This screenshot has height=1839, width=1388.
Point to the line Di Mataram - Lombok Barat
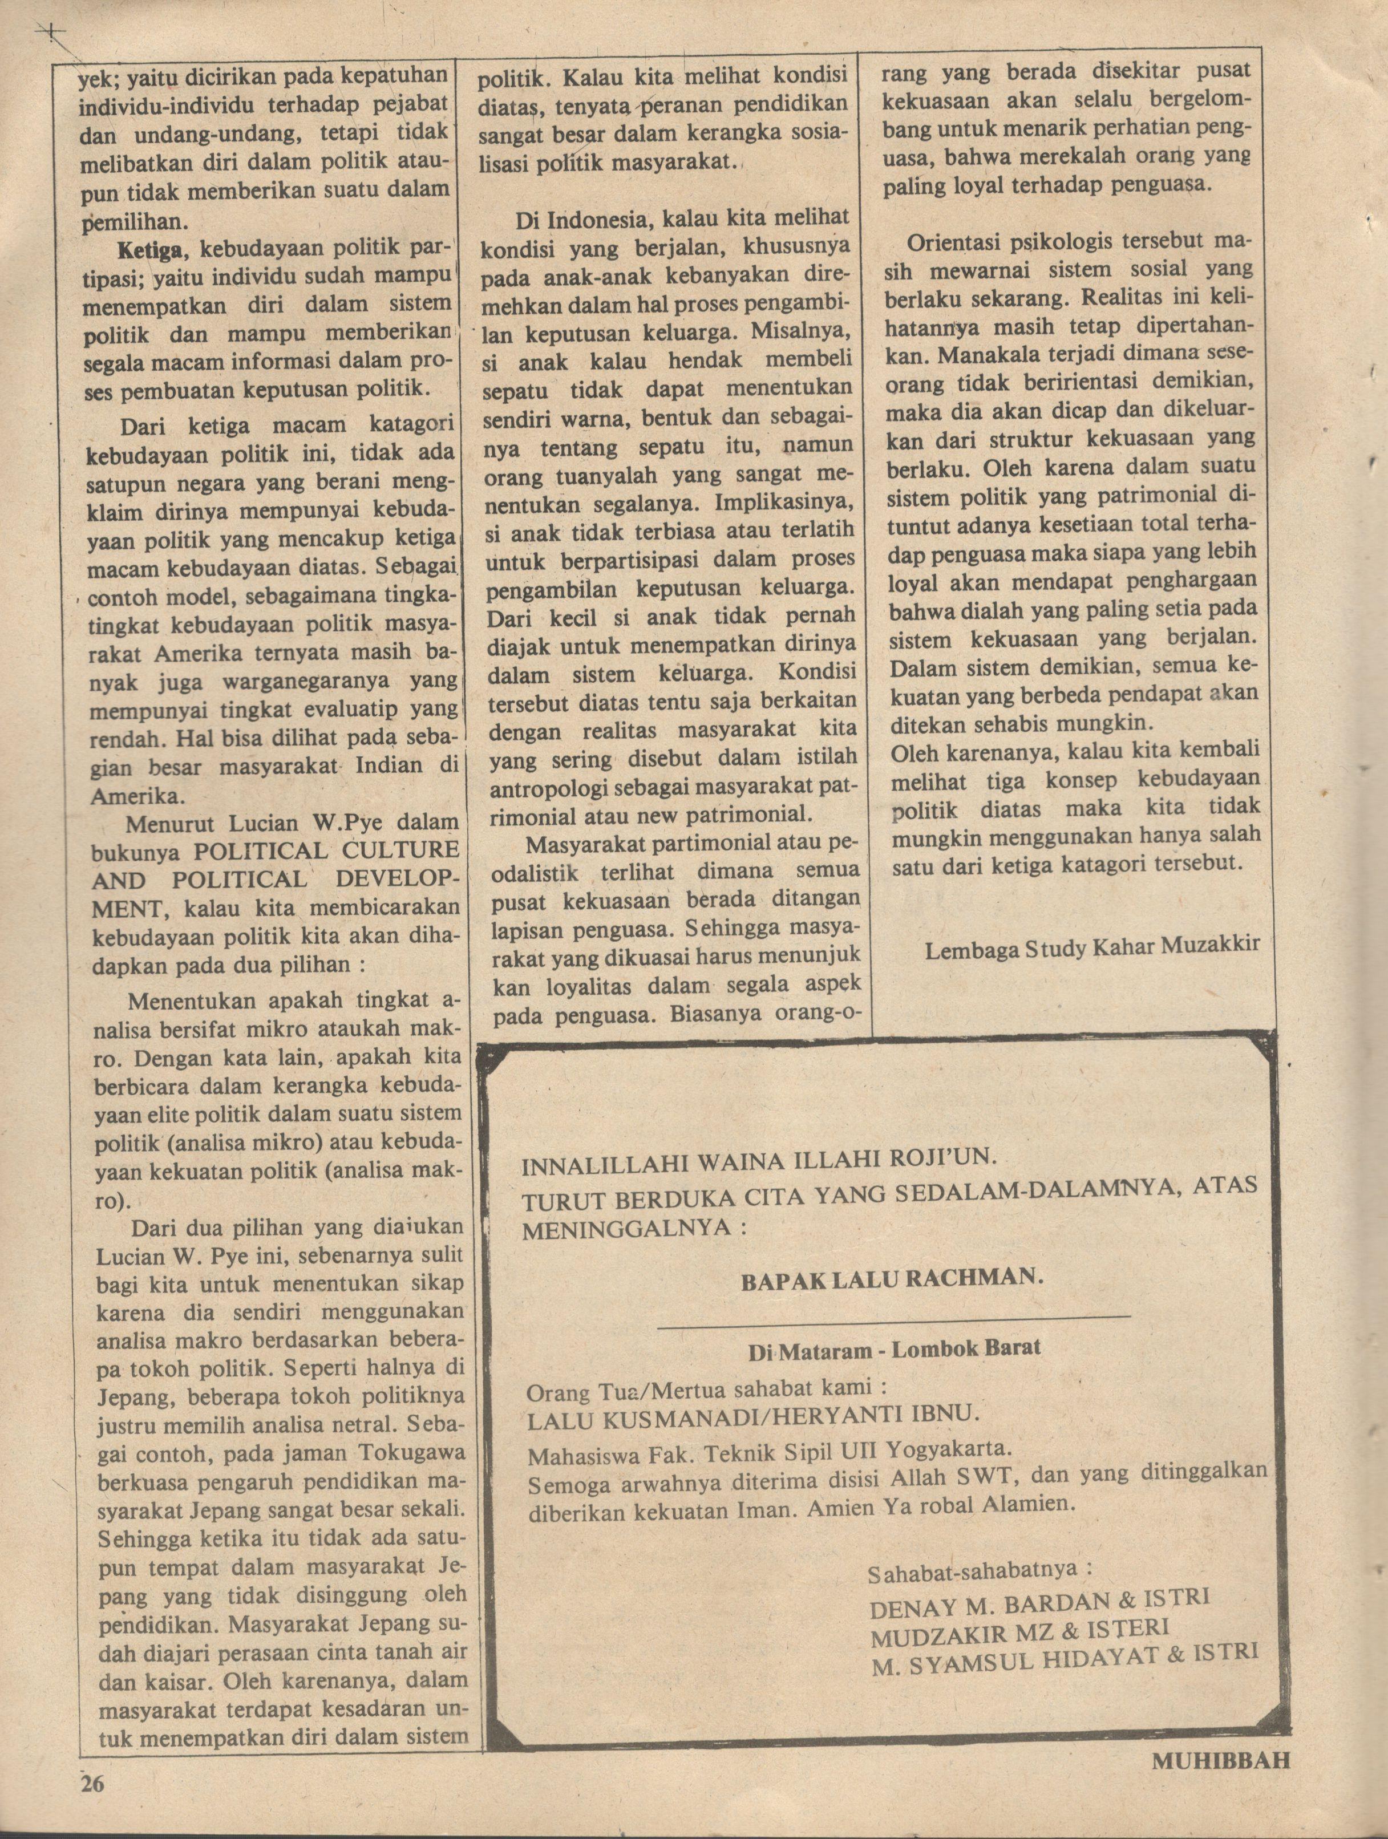[x=893, y=1350]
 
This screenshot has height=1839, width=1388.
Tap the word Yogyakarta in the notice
[x=945, y=1449]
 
